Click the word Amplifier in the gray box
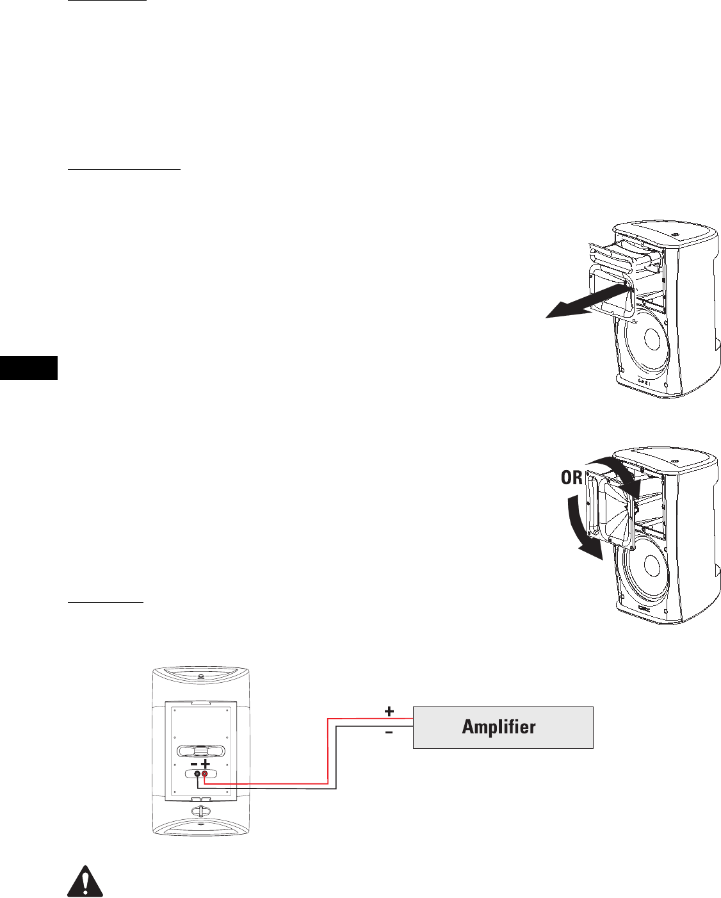coord(499,727)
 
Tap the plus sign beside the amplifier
coord(389,711)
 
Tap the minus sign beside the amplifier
coord(389,732)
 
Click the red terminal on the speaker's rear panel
coord(204,774)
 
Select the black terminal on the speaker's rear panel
coord(197,774)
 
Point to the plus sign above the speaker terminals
coord(205,764)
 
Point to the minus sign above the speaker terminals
coord(194,764)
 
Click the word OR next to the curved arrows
coord(571,478)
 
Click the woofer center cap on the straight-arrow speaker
coord(652,340)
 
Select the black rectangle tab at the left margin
coord(29,368)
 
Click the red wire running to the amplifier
coord(328,749)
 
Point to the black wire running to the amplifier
coord(337,759)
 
